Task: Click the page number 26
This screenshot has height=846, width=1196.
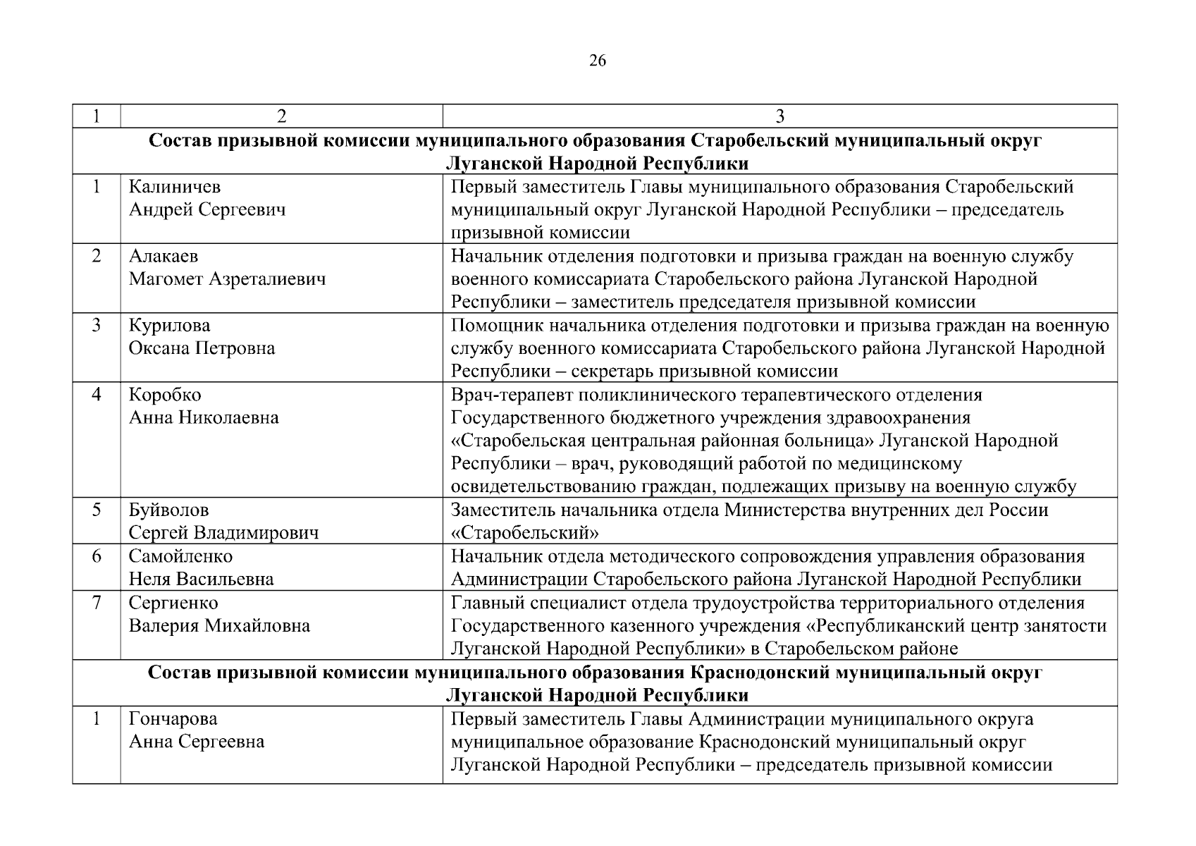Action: pyautogui.click(x=597, y=61)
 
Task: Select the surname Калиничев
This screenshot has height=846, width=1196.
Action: pyautogui.click(x=174, y=187)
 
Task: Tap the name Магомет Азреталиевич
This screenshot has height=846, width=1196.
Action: pyautogui.click(x=227, y=279)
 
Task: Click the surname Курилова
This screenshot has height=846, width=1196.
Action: pyautogui.click(x=169, y=326)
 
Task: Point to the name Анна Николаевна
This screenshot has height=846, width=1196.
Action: pyautogui.click(x=204, y=417)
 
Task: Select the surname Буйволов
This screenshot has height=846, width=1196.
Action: pyautogui.click(x=168, y=510)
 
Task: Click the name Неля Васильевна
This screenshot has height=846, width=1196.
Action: pyautogui.click(x=201, y=580)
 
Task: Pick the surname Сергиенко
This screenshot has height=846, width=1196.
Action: pyautogui.click(x=173, y=603)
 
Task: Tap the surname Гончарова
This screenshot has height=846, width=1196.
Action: pyautogui.click(x=173, y=719)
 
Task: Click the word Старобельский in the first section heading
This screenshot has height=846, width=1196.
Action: pyautogui.click(x=759, y=141)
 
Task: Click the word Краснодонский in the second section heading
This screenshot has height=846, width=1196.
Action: pyautogui.click(x=760, y=673)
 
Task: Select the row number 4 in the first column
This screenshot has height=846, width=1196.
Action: pyautogui.click(x=97, y=395)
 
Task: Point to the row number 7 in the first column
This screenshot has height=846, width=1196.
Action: pyautogui.click(x=97, y=603)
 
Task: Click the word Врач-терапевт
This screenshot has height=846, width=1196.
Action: pyautogui.click(x=507, y=395)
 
